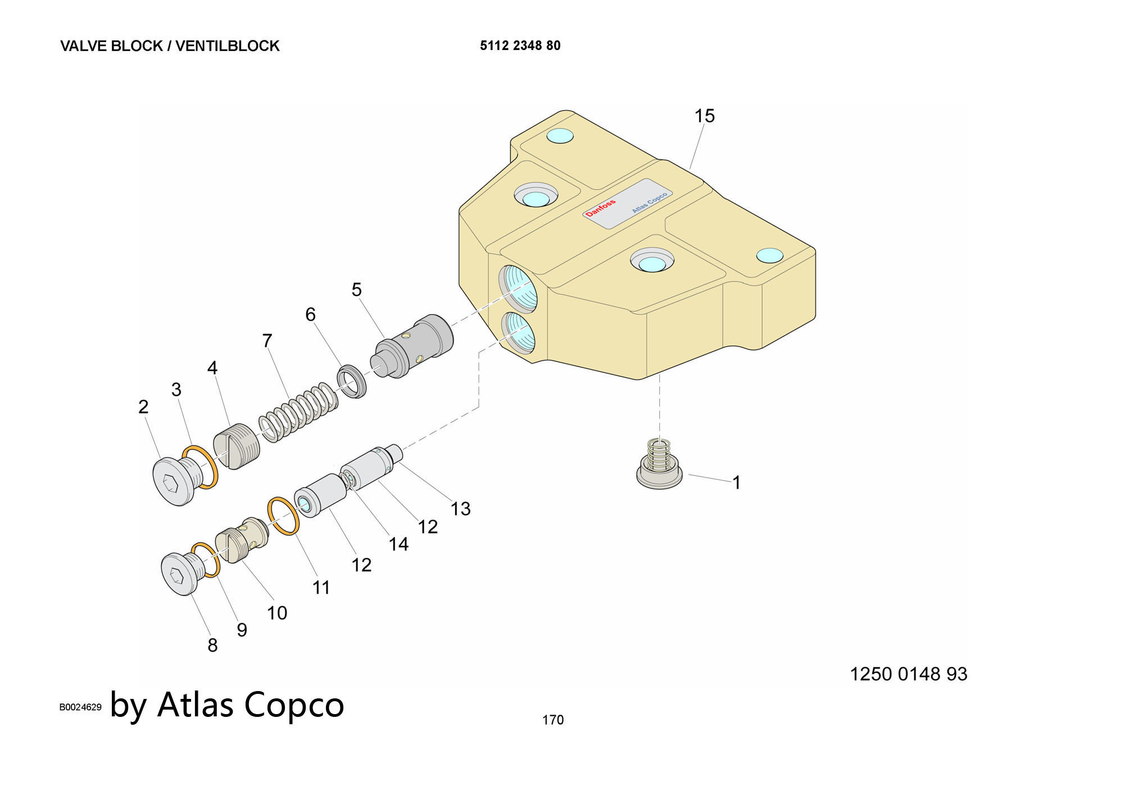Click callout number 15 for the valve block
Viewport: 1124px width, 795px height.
click(704, 116)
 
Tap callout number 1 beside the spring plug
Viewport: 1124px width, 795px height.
click(736, 482)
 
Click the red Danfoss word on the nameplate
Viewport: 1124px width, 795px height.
click(600, 207)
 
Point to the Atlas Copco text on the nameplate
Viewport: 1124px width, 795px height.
click(649, 203)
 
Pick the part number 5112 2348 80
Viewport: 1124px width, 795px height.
click(520, 46)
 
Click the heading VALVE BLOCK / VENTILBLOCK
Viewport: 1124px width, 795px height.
click(170, 46)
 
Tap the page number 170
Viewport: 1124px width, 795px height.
click(552, 720)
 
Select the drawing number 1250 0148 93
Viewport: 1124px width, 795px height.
click(908, 674)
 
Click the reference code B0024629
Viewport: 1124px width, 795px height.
click(80, 707)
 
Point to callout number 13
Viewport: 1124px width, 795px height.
click(460, 508)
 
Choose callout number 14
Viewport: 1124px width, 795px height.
click(398, 544)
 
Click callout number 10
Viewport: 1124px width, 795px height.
click(277, 612)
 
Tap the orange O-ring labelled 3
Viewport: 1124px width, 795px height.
click(201, 466)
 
